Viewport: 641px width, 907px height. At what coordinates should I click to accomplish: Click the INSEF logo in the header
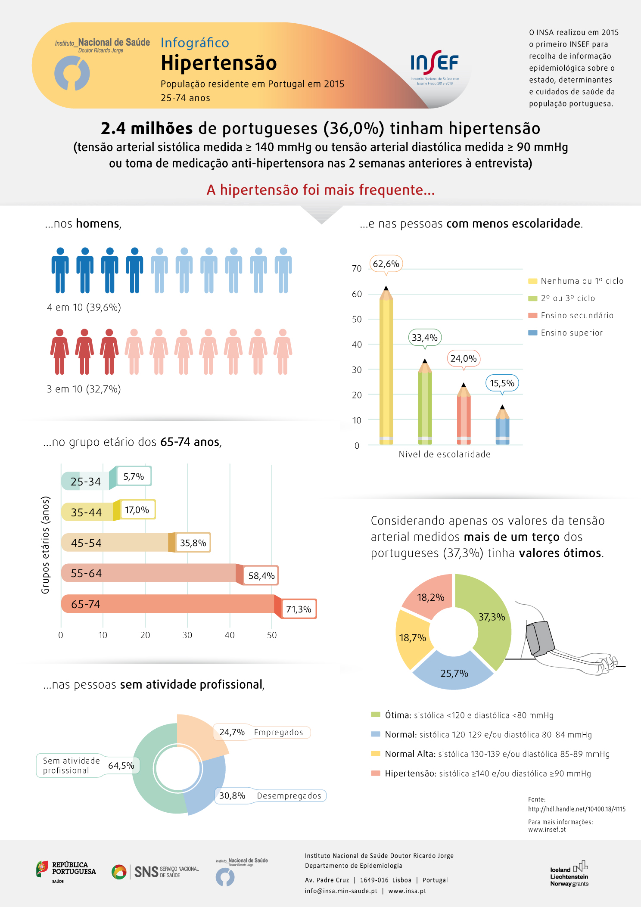tap(435, 67)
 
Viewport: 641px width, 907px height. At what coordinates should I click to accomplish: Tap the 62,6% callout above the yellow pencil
tap(386, 264)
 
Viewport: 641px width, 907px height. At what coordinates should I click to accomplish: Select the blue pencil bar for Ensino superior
tap(502, 425)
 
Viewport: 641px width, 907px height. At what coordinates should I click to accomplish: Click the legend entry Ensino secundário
tap(571, 316)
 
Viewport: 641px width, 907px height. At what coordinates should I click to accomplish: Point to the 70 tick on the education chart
tap(357, 269)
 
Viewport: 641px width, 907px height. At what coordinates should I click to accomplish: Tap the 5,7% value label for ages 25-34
tap(134, 477)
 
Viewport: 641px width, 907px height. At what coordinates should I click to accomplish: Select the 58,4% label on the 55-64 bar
tap(261, 576)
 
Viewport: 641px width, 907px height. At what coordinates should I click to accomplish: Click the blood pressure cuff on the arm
tap(540, 639)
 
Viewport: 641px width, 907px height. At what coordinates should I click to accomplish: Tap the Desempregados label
tap(289, 796)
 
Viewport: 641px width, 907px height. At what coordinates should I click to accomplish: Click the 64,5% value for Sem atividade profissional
tap(121, 766)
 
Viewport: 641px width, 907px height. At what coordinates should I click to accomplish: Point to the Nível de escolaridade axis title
tap(445, 454)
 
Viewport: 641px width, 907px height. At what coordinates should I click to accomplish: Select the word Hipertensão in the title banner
tap(219, 63)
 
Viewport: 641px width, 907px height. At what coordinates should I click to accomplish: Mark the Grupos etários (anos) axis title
tap(45, 545)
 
